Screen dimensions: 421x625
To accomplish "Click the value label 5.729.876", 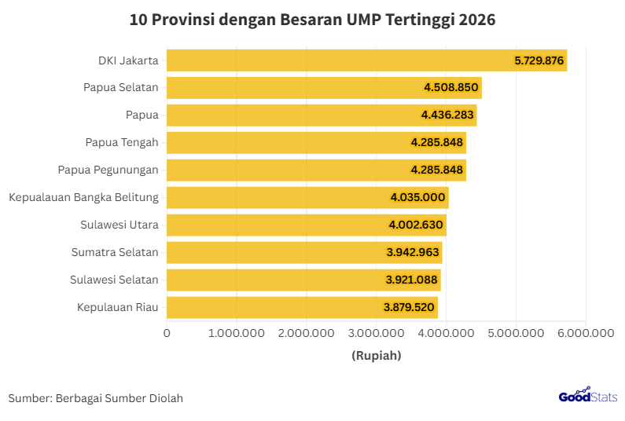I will [539, 60].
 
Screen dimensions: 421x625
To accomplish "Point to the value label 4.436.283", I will [447, 115].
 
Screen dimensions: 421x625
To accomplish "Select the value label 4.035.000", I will [418, 198].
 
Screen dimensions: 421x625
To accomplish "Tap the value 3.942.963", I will [414, 252].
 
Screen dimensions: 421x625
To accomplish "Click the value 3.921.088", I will [413, 280].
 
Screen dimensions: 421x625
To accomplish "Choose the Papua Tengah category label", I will [122, 142].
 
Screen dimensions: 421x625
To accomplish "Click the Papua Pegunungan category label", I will [108, 170].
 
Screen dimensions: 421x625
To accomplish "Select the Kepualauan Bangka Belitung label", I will [84, 197].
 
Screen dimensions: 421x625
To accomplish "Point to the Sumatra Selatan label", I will [115, 252].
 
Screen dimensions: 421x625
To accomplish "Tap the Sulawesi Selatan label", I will [114, 280].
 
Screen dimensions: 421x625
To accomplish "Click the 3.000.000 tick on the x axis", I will [376, 334].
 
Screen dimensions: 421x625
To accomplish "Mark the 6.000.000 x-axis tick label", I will [585, 334].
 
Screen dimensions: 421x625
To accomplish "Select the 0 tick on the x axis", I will [167, 334].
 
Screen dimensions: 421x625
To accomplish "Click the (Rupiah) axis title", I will [376, 356].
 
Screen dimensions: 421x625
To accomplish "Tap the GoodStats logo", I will [587, 397].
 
